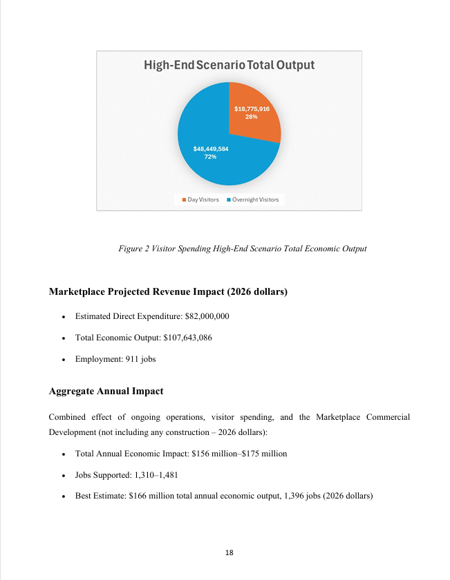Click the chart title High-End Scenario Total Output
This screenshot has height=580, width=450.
(x=229, y=66)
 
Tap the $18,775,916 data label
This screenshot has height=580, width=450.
(x=252, y=108)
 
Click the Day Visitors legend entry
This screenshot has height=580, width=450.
(x=200, y=200)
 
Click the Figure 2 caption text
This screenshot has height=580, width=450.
(x=242, y=249)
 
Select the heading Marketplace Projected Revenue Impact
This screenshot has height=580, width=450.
(x=168, y=292)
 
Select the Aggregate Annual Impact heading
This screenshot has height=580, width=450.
(x=106, y=391)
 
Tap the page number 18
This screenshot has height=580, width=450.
(x=229, y=553)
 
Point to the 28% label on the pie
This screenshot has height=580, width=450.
(x=252, y=117)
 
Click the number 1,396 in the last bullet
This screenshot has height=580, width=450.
(x=297, y=496)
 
